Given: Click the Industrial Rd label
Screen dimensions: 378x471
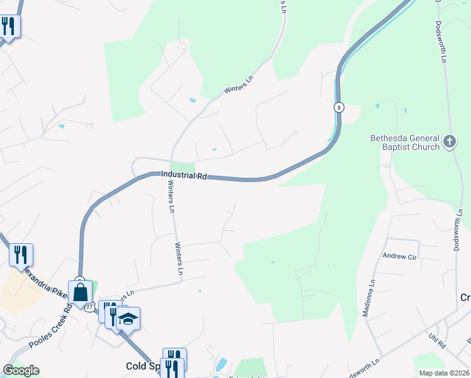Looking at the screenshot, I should coord(184,175).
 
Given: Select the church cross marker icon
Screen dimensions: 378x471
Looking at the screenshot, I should coord(450,141).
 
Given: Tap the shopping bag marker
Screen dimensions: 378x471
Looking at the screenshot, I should coord(81,292).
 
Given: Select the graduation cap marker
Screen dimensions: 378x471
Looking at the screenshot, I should coord(128,319).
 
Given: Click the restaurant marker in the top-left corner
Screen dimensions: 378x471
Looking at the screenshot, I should coord(8,26).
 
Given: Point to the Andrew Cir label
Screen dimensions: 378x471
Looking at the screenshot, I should coord(400,256).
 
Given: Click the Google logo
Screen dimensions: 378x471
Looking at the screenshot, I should coord(20,370).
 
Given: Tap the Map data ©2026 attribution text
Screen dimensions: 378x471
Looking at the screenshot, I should coord(443,373).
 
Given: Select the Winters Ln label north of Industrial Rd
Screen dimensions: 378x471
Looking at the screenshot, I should coord(239,87).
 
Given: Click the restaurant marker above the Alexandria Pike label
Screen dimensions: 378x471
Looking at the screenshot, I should coord(21,255).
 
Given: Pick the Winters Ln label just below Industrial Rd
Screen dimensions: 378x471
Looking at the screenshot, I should coord(171,197).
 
